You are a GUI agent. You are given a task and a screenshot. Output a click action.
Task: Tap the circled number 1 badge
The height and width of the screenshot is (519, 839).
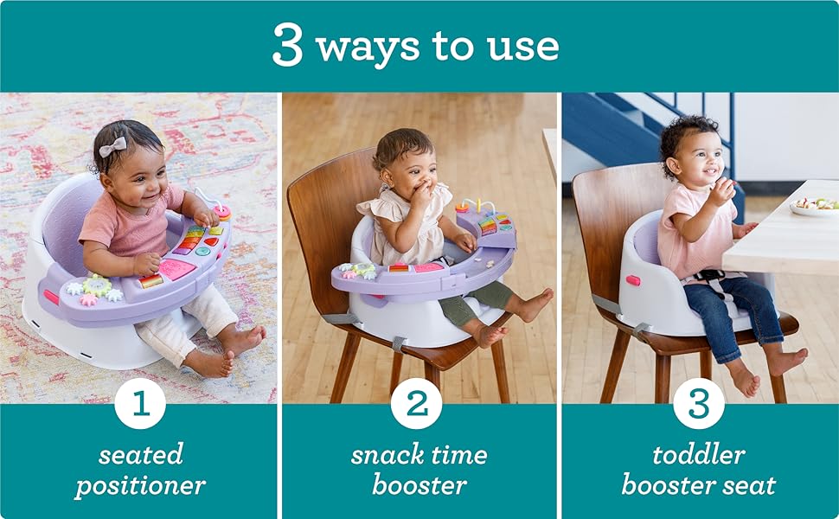139,404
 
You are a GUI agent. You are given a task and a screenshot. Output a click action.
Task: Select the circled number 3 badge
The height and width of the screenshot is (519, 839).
698,404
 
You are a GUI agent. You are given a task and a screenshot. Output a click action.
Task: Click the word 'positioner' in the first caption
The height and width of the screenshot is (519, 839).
140,485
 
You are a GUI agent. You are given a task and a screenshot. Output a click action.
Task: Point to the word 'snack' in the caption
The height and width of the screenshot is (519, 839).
386,454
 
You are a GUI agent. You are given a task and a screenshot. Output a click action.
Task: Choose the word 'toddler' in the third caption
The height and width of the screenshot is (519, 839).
698,454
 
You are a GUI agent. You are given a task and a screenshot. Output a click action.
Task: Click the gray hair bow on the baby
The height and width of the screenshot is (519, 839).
112,146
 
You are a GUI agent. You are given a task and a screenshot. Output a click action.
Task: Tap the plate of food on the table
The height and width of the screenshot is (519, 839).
813,206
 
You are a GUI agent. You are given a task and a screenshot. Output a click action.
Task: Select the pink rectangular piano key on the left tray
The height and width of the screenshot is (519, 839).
176,269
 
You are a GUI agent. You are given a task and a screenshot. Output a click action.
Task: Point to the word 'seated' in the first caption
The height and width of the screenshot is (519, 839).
140,454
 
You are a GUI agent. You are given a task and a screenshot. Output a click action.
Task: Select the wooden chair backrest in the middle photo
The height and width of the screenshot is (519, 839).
320,208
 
